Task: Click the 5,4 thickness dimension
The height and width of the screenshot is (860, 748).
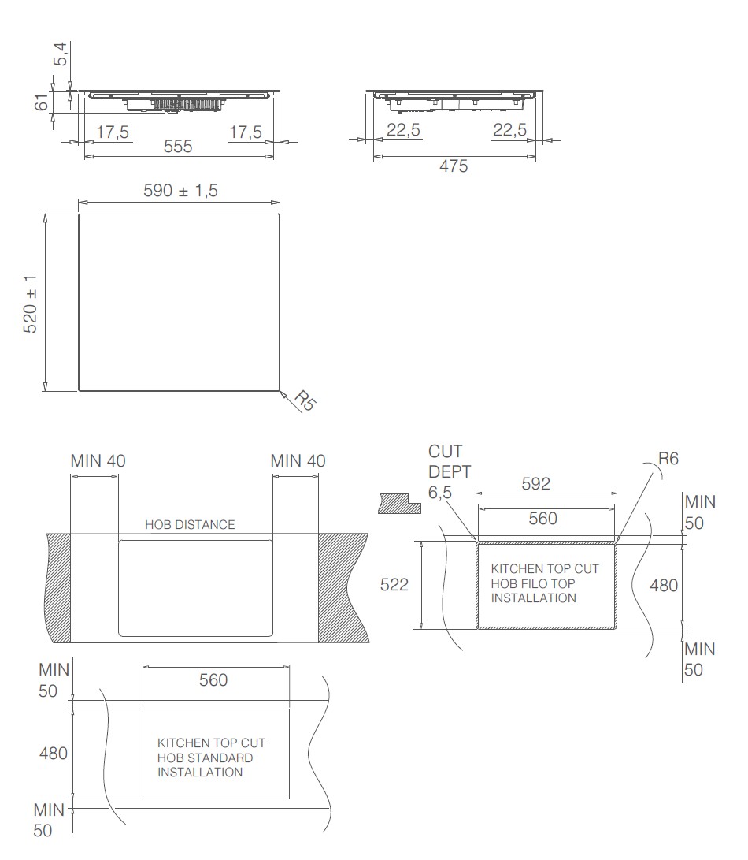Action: tap(61, 54)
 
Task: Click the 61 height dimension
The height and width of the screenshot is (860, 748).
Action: tap(42, 102)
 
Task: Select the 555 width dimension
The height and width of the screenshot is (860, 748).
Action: tap(178, 147)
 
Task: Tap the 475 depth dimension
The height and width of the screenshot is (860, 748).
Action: tap(454, 166)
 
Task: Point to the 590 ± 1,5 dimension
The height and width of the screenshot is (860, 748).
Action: tap(181, 191)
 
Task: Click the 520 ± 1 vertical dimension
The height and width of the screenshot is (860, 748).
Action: tap(30, 303)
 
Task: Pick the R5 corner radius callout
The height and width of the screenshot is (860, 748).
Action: tap(305, 400)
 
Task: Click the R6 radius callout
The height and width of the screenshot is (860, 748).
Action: tap(668, 458)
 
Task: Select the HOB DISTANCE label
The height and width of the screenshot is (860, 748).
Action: tap(190, 525)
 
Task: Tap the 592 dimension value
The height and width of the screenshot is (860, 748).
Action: tap(536, 484)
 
